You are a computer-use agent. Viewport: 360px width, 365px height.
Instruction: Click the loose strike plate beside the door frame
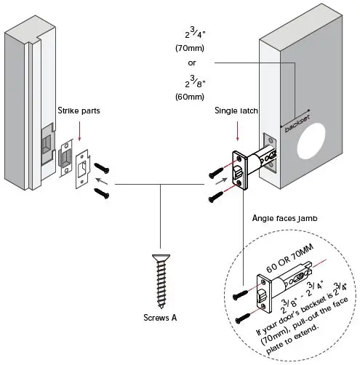tap(79, 166)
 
